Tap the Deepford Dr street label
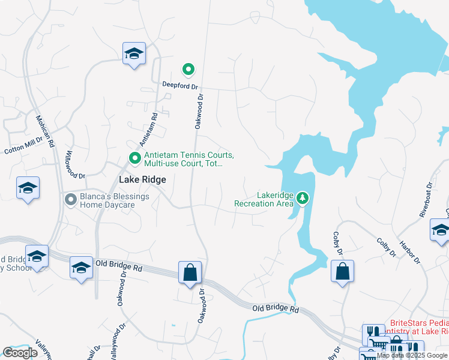(x=179, y=86)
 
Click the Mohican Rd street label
(x=46, y=131)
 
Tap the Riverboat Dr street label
(x=426, y=199)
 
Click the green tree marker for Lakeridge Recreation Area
(x=304, y=198)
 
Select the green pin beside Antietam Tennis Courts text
(x=135, y=159)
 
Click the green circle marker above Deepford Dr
(x=188, y=70)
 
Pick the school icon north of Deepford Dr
(x=134, y=53)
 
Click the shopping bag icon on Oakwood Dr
(x=190, y=272)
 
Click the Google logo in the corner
(x=20, y=353)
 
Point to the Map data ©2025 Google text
(x=412, y=355)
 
